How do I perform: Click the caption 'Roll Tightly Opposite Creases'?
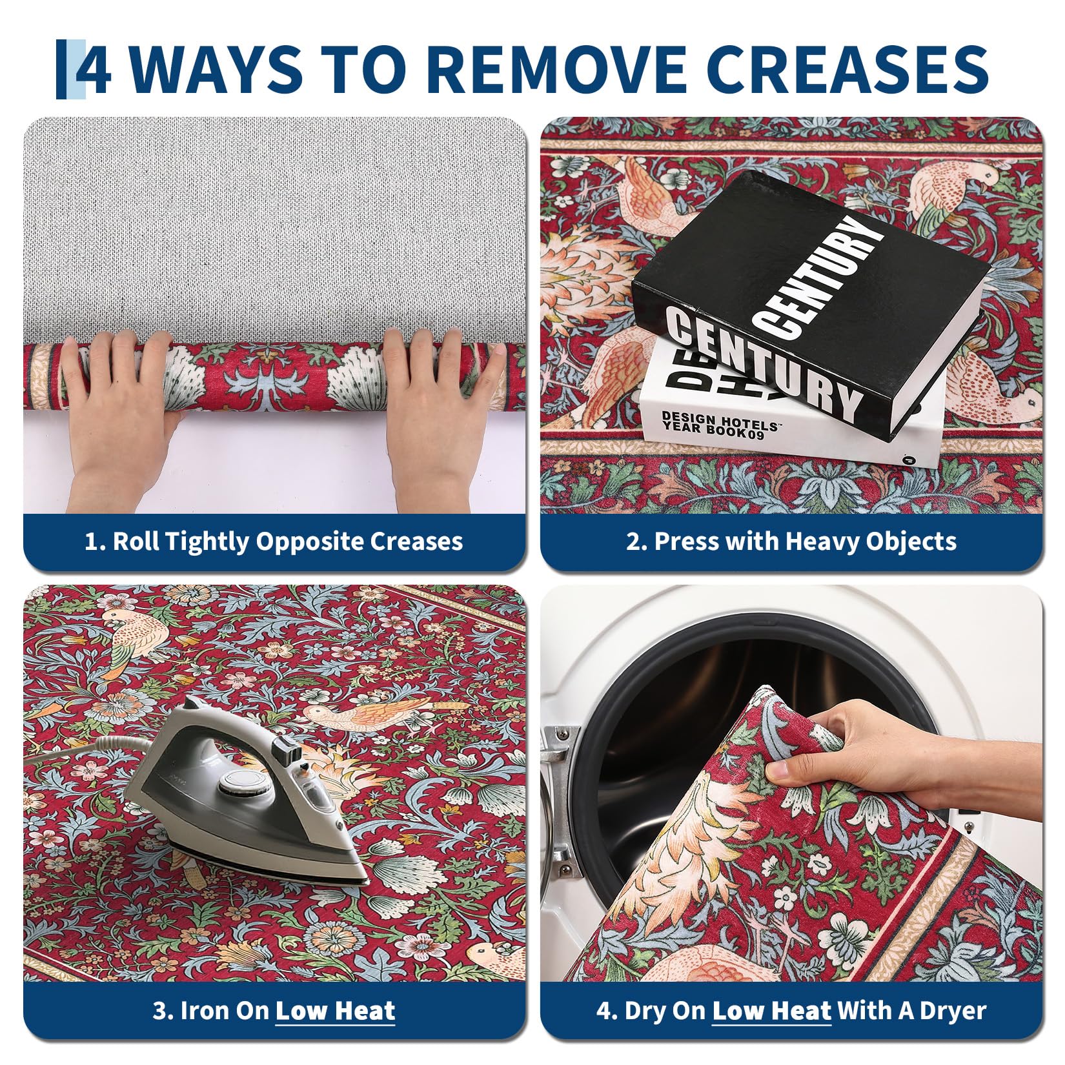tap(274, 541)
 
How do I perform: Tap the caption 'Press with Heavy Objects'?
tap(791, 541)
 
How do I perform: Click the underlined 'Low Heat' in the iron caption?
tap(335, 1011)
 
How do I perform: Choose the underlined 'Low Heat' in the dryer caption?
tap(771, 1011)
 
